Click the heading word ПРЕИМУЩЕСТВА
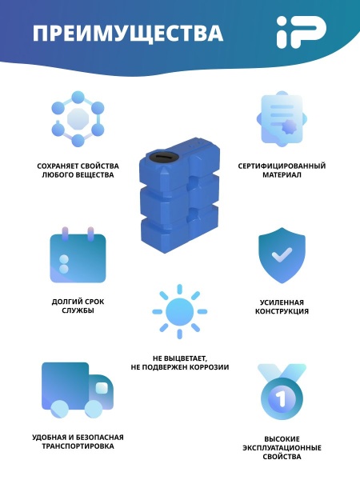tap(128, 33)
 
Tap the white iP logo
tap(302, 32)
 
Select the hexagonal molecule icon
tap(78, 118)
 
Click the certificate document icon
tap(282, 119)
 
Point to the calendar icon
tap(78, 254)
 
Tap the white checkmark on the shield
tap(282, 254)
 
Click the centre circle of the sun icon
tap(179, 312)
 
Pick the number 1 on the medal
tap(281, 398)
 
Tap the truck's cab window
tap(102, 388)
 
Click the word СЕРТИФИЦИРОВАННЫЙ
tap(282, 166)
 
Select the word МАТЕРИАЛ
tap(282, 175)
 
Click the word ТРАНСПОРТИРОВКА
tap(78, 446)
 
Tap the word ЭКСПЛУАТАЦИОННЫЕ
tap(282, 448)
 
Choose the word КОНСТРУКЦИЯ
tap(282, 311)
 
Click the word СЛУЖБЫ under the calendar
tap(78, 310)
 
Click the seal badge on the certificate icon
tap(290, 126)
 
